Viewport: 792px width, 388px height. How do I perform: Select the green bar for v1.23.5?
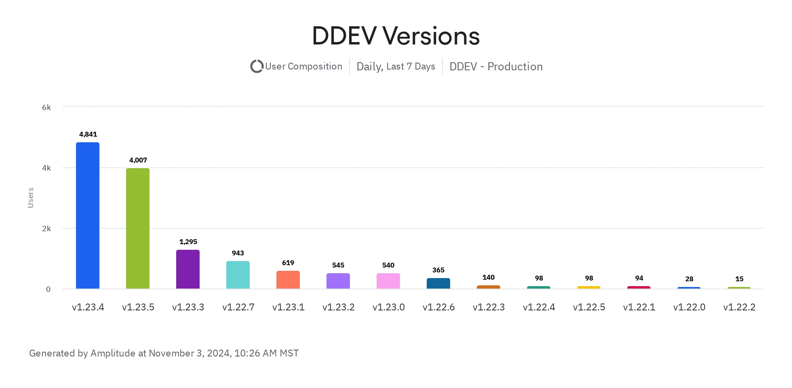click(138, 228)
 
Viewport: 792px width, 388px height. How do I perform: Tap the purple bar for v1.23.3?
click(188, 269)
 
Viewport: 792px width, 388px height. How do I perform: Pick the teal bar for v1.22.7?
click(238, 275)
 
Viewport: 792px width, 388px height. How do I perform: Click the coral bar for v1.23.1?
click(288, 280)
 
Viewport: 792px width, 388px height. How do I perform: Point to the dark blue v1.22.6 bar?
click(438, 283)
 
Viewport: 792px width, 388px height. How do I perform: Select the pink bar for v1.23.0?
click(388, 281)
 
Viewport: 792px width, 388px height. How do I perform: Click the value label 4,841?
click(88, 134)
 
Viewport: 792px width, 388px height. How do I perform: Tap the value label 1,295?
click(188, 242)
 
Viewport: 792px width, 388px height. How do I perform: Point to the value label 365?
click(438, 270)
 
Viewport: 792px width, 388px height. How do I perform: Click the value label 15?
click(739, 279)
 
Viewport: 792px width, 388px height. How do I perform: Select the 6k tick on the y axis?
click(46, 107)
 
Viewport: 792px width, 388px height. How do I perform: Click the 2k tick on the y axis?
click(46, 228)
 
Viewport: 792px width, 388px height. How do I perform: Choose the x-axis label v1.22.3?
click(489, 307)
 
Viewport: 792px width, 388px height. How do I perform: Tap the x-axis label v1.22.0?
click(689, 307)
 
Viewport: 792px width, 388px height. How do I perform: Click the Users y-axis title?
click(31, 198)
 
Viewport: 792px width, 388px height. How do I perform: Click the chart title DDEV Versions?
click(396, 36)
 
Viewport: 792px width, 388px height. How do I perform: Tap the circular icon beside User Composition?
click(257, 66)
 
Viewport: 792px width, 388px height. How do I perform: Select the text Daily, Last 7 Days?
click(396, 66)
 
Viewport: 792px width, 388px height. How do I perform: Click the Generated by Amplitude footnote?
click(164, 353)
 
